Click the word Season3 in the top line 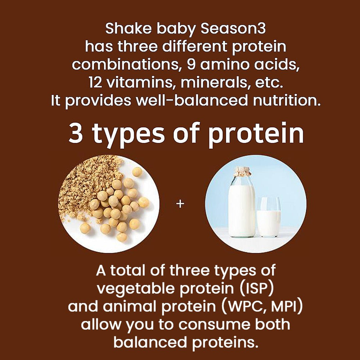point(233,29)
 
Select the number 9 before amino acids point(191,65)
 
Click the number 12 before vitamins point(95,83)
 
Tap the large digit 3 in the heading point(76,133)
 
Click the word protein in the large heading point(256,134)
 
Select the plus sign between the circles point(180,204)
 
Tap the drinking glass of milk point(269,217)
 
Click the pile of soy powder point(87,186)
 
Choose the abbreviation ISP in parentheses point(257,288)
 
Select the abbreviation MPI point(284,306)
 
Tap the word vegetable point(136,289)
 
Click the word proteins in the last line point(224,343)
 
